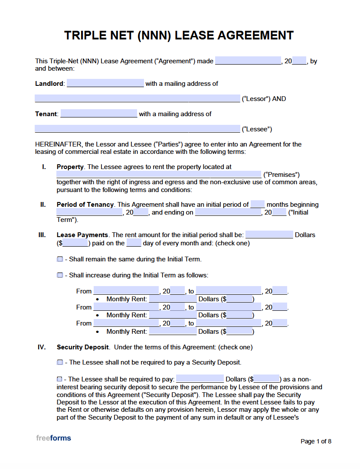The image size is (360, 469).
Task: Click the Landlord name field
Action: point(105,84)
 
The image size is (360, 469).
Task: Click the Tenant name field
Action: point(98,114)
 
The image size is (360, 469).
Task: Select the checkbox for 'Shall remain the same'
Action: point(60,259)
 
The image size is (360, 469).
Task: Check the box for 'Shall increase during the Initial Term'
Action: point(60,275)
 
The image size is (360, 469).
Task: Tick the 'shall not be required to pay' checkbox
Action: point(60,362)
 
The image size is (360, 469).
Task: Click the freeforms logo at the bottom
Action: point(53,438)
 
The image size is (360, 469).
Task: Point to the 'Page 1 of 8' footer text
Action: point(316,441)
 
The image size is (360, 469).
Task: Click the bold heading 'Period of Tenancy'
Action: point(85,205)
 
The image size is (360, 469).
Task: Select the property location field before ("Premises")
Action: point(159,175)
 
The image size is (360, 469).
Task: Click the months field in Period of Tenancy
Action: point(258,205)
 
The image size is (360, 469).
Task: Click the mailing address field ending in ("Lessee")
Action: point(137,129)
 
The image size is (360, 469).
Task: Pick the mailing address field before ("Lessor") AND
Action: point(137,99)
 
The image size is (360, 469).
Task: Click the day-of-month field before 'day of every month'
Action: point(134,243)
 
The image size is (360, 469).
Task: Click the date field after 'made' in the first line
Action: point(248,61)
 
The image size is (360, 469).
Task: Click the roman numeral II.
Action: point(43,205)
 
